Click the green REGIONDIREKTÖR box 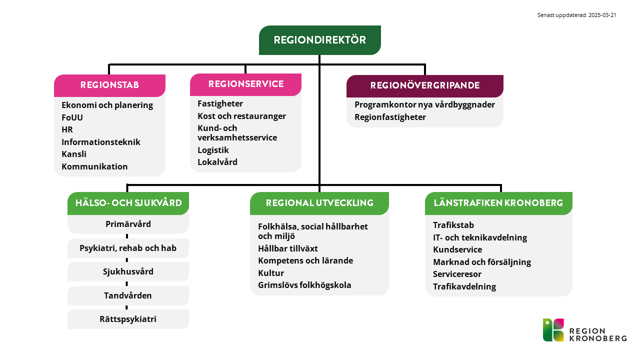point(319,40)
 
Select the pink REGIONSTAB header point(109,85)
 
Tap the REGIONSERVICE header point(245,84)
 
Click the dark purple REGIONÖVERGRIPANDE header point(425,86)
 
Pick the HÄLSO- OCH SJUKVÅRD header point(128,203)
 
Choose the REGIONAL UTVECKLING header point(319,203)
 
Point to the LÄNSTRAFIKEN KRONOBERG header point(498,203)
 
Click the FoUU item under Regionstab point(72,117)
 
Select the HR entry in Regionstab point(67,129)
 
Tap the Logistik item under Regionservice point(213,150)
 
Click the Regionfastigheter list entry point(390,117)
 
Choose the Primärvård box point(128,224)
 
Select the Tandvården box point(128,295)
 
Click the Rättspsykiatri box point(128,319)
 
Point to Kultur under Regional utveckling point(271,273)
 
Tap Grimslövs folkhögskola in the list point(304,285)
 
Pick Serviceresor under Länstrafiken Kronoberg point(457,274)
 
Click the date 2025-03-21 point(602,15)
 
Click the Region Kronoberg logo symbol point(553,330)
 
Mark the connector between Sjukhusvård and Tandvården point(127,283)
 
